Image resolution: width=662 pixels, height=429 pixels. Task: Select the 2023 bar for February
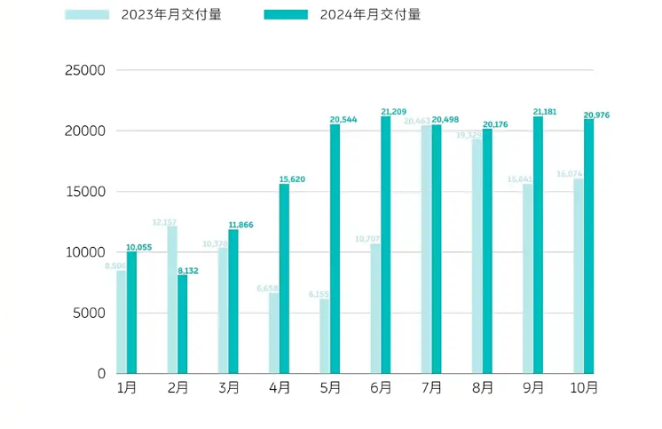172,299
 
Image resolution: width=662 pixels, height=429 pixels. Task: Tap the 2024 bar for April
284,278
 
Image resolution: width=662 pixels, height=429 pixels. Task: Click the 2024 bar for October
589,246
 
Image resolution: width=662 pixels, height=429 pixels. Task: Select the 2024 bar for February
183,323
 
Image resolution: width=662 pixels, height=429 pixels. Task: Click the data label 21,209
393,112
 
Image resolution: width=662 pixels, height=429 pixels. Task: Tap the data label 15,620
292,179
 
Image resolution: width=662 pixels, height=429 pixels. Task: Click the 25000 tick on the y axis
86,70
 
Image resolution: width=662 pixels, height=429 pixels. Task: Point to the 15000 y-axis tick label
86,192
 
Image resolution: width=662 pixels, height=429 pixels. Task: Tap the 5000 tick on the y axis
90,313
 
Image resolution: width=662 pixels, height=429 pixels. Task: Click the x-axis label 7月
430,388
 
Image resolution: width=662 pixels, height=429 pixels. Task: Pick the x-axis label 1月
126,388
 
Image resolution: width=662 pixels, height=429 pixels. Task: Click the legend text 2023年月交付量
171,14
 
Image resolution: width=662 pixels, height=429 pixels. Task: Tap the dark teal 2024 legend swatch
287,14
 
